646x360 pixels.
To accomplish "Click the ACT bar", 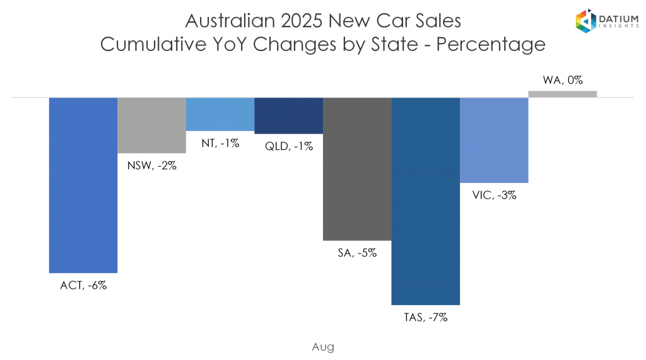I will point(83,185).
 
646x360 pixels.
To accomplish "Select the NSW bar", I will point(151,125).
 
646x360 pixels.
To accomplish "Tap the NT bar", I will point(220,114).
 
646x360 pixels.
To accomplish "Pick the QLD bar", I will point(288,115).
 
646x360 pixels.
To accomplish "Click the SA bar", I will point(357,169).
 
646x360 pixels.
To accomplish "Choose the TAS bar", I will point(425,201).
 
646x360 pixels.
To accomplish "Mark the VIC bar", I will point(494,140).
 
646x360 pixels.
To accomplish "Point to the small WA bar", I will point(562,94).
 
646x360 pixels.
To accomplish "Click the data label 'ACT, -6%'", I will point(83,285).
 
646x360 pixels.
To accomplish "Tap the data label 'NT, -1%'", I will point(220,143).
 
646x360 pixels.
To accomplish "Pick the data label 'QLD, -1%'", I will point(288,146).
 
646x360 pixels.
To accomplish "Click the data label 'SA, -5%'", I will point(357,253).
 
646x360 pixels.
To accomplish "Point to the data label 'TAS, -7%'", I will point(425,317).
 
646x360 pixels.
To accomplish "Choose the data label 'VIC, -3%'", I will point(494,195).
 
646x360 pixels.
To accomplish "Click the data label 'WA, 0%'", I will point(562,80).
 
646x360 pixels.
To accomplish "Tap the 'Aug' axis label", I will point(323,346).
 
